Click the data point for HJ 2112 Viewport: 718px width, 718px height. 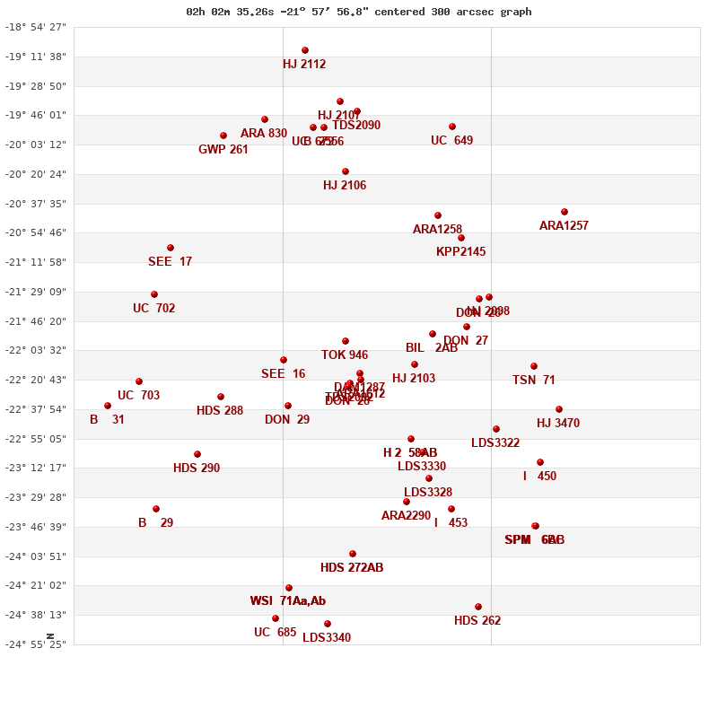pos(305,50)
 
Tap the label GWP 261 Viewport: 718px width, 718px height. pos(223,150)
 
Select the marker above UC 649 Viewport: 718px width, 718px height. pos(452,127)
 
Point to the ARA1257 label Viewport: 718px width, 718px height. pos(564,226)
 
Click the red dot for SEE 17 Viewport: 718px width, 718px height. pos(171,248)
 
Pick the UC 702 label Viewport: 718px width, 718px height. pos(153,309)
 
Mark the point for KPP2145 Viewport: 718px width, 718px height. pos(461,238)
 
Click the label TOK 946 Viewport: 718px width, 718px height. pos(345,355)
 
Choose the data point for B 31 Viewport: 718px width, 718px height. pos(108,406)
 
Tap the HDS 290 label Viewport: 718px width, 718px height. pos(197,468)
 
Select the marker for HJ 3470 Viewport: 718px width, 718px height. pos(559,409)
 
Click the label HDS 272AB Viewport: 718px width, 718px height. pos(352,568)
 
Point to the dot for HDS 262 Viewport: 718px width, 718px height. pos(478,607)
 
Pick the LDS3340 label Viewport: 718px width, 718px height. pos(327,638)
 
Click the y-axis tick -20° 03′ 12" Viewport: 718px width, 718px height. pos(36,144)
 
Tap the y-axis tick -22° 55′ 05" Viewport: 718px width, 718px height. pos(36,439)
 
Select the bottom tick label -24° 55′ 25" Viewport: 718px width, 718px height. pos(36,644)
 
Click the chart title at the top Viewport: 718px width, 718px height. pos(359,12)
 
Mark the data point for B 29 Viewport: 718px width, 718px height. pos(156,509)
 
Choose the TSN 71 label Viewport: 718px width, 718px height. pos(534,381)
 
